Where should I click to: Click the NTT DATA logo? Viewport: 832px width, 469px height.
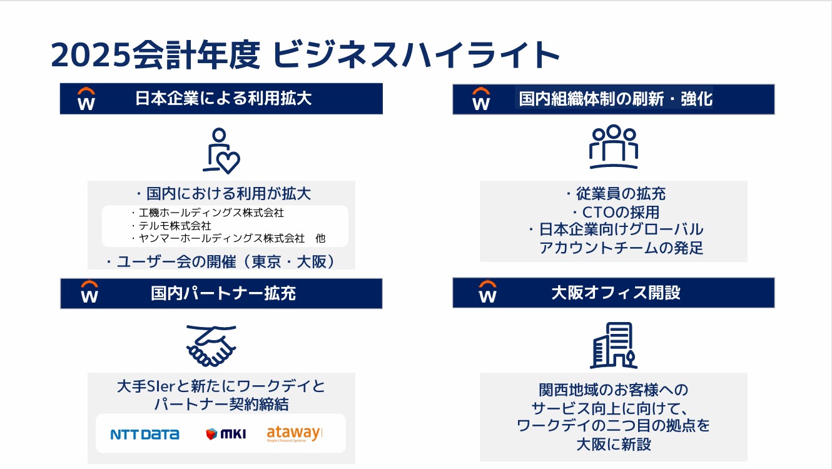145,434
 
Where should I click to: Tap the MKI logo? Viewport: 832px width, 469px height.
226,434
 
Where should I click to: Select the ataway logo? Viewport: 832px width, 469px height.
293,433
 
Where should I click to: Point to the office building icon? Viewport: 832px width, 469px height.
614,345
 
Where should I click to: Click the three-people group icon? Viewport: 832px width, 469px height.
613,147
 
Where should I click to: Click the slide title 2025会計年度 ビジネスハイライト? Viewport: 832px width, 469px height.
305,56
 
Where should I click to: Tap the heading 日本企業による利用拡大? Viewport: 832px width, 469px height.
223,99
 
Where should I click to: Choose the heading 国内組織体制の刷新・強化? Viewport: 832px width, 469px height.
616,99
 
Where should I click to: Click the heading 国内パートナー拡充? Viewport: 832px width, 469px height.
223,293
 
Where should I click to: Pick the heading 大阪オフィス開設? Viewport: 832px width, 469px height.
616,293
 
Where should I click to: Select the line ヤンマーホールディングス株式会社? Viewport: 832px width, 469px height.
221,238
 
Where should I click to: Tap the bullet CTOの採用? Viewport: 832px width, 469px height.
616,212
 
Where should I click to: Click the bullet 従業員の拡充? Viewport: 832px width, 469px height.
616,194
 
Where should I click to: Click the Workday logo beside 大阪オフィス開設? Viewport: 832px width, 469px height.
487,293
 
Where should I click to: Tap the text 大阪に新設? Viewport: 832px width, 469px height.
613,444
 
